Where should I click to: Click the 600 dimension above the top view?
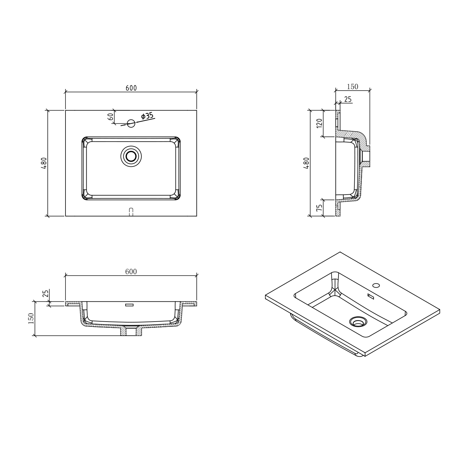[x=131, y=88]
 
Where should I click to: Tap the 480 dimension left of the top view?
[x=44, y=163]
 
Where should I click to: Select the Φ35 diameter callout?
[x=147, y=116]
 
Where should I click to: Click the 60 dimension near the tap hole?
[x=111, y=117]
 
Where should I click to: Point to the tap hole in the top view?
[x=131, y=123]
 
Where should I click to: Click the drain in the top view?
[x=131, y=156]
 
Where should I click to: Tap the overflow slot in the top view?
[x=131, y=212]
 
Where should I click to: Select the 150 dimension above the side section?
[x=352, y=87]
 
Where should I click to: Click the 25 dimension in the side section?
[x=348, y=99]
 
